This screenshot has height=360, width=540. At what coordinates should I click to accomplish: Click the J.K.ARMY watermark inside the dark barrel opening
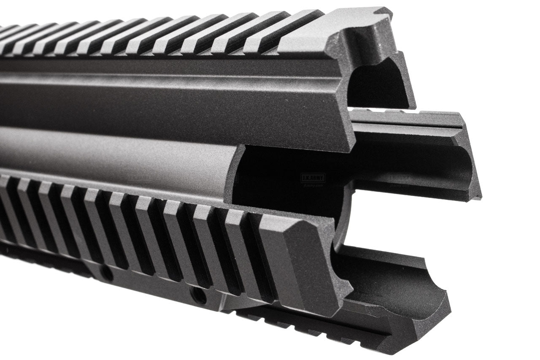[x=313, y=179]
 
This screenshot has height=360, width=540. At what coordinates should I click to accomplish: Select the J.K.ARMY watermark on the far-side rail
[x=399, y=179]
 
